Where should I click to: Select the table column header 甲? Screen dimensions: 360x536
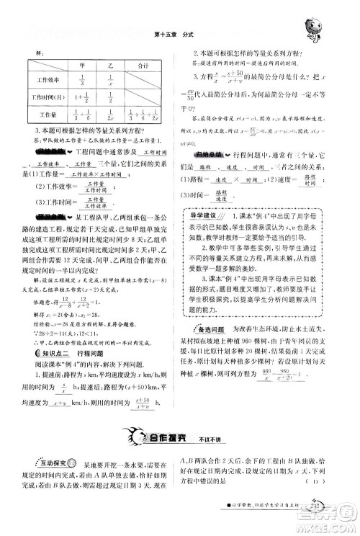pos(81,65)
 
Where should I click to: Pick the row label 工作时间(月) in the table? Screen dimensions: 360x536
pos(44,97)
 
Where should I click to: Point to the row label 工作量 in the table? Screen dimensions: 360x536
pos(44,113)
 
